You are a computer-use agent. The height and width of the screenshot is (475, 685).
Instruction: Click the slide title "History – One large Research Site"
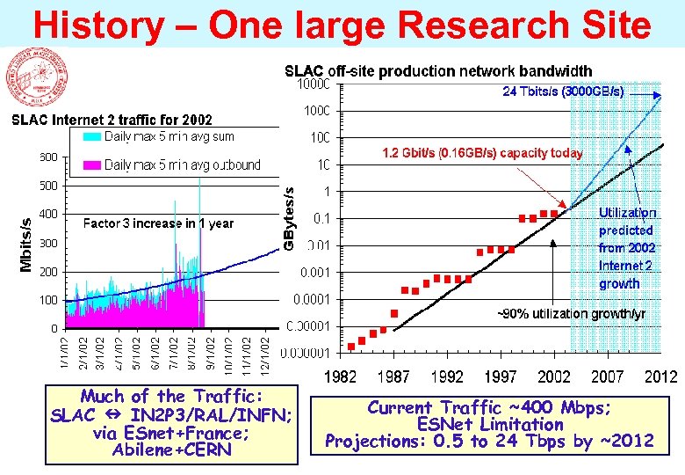[x=342, y=24]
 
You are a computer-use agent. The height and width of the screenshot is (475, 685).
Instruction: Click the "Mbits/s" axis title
[x=26, y=244]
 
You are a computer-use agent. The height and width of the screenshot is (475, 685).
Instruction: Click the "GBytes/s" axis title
[x=289, y=216]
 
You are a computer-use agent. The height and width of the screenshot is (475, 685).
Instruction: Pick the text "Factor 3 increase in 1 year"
[x=158, y=223]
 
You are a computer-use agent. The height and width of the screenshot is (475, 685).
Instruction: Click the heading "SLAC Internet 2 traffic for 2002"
[x=111, y=120]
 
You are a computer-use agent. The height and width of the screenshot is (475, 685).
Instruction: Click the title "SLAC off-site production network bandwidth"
[x=438, y=71]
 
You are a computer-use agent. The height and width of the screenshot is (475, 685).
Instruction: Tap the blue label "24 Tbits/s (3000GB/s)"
[x=563, y=91]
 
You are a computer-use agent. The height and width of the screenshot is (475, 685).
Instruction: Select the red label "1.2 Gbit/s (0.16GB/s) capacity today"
[x=481, y=153]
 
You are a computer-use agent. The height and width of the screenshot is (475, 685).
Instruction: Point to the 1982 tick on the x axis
[x=342, y=377]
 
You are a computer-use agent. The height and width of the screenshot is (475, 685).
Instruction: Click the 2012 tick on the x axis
[x=660, y=377]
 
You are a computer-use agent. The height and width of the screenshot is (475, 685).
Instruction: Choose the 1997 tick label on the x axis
[x=501, y=377]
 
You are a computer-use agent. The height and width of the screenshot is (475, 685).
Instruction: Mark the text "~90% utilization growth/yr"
[x=572, y=314]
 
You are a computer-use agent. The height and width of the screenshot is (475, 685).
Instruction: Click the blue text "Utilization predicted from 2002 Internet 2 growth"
[x=626, y=248]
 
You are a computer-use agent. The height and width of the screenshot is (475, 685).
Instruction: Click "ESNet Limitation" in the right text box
[x=489, y=424]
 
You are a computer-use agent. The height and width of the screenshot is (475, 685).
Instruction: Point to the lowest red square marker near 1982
[x=351, y=346]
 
